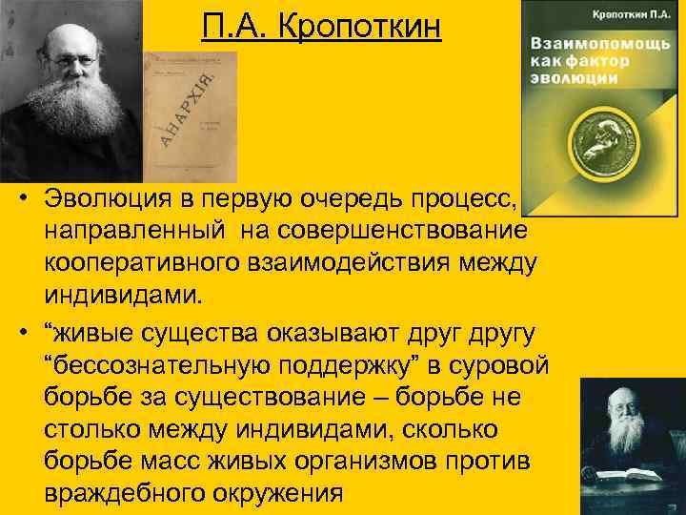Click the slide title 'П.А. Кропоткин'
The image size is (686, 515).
click(322, 25)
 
